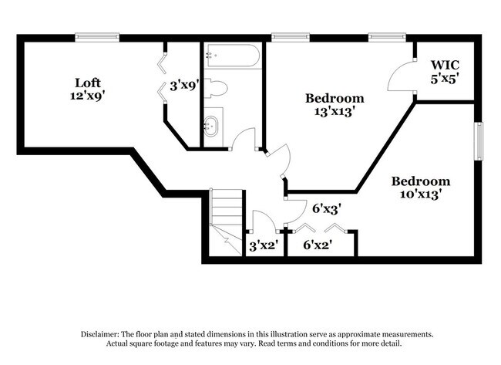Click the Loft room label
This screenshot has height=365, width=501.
(x=88, y=83)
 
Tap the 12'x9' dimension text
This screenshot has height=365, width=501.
(x=88, y=96)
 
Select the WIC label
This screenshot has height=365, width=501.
(x=445, y=65)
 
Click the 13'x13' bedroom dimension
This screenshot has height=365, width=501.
(x=335, y=112)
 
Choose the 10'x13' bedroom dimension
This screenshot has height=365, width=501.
(x=421, y=194)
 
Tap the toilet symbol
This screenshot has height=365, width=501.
(x=216, y=88)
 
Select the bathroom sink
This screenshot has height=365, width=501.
(x=211, y=126)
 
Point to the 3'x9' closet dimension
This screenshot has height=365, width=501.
(x=184, y=86)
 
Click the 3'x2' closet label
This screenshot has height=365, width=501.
(x=264, y=245)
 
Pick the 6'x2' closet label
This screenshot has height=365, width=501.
(x=318, y=245)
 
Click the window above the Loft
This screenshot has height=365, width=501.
(x=97, y=38)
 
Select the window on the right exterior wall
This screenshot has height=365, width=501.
(x=479, y=141)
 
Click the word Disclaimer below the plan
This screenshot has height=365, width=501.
(x=100, y=335)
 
